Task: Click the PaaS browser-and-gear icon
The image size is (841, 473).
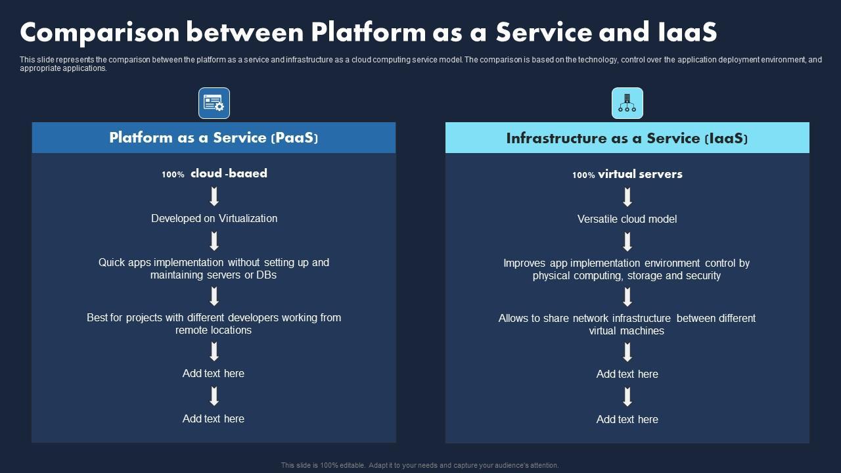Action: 214,103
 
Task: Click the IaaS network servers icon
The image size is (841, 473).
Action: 627,103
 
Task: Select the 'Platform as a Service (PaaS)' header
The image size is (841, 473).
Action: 214,138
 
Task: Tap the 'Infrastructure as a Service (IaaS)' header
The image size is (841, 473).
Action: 627,138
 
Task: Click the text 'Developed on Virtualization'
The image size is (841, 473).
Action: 214,218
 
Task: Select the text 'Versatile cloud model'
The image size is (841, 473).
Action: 627,219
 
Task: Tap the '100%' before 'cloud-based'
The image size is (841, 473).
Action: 173,175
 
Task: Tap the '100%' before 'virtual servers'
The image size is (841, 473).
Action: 583,175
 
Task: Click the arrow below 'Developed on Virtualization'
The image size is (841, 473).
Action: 214,240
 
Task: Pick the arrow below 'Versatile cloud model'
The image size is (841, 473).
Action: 627,241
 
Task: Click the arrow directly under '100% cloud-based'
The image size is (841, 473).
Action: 214,196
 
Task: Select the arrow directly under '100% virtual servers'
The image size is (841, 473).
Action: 627,197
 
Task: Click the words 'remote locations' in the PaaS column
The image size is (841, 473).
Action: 214,330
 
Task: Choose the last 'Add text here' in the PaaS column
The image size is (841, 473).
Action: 214,418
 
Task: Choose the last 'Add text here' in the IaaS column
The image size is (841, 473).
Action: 627,419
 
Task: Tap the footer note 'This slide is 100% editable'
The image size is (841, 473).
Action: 322,465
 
